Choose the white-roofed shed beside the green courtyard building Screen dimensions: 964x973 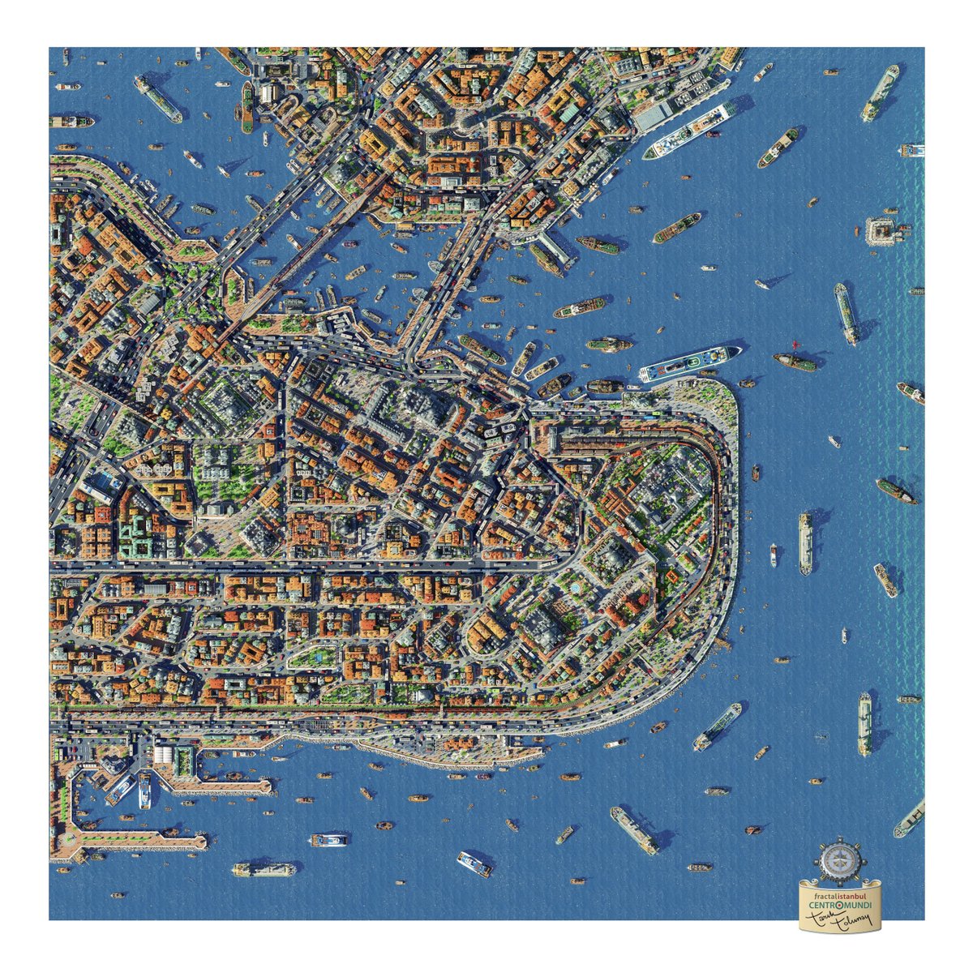[165, 755]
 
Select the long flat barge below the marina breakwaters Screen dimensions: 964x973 [263, 869]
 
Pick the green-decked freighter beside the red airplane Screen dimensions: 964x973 [795, 362]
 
